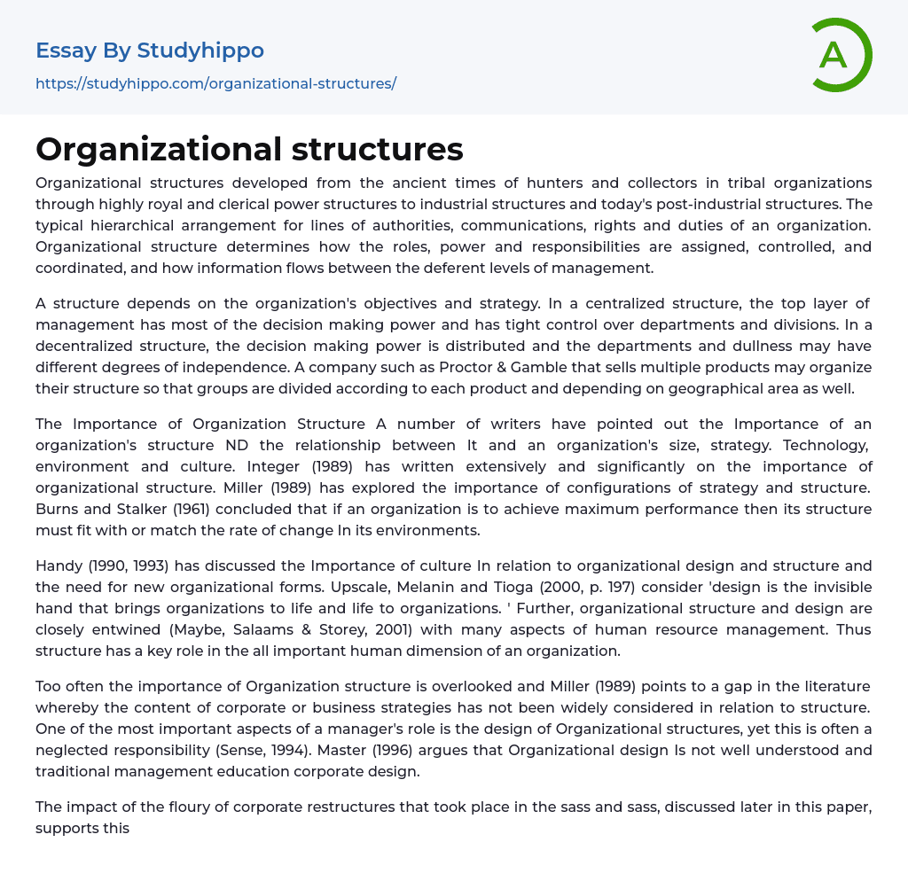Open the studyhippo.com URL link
(x=215, y=84)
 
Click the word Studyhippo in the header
(x=200, y=51)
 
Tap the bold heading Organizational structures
(x=249, y=149)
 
